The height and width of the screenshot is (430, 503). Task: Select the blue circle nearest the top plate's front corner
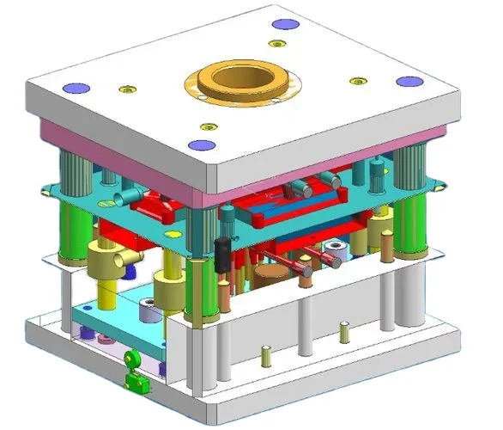tap(200, 145)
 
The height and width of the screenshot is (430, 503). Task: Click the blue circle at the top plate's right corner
tap(409, 82)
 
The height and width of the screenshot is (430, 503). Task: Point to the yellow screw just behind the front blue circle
tap(203, 122)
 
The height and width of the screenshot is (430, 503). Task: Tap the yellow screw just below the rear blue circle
tap(276, 43)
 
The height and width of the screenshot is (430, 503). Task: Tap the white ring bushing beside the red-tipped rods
tap(334, 255)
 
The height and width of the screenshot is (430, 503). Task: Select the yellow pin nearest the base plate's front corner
tap(266, 353)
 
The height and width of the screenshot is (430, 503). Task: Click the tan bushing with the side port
tap(106, 255)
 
